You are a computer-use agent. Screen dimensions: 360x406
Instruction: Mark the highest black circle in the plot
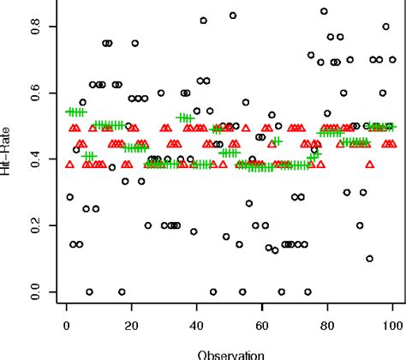tap(324, 11)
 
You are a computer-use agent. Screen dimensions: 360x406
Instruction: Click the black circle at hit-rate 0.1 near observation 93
tap(369, 258)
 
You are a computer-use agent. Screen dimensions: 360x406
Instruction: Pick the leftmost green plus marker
tap(69, 112)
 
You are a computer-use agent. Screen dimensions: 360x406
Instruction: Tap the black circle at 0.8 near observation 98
tap(385, 27)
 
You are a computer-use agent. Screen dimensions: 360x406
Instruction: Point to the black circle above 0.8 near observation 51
tap(232, 15)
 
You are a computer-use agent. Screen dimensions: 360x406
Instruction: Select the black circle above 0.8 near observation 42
tap(203, 21)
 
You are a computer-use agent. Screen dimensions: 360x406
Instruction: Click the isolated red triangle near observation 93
tap(369, 164)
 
